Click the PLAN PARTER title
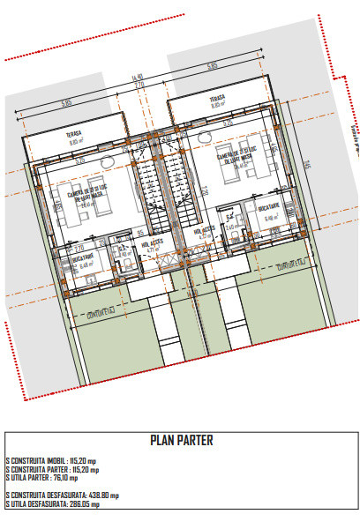point(182,440)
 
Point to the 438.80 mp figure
point(101,495)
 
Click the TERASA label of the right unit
point(217,98)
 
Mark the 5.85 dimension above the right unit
point(212,66)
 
